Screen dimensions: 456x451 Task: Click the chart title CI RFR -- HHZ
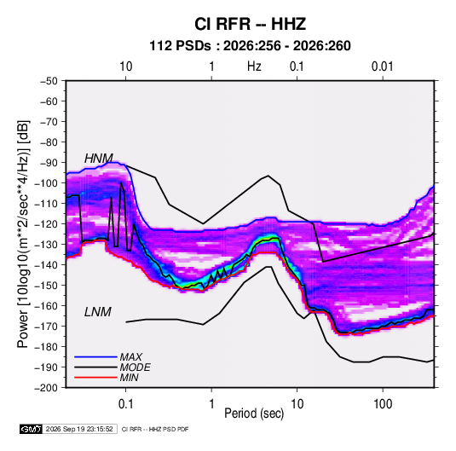pyautogui.click(x=250, y=24)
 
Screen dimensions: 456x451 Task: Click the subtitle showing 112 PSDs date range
pyautogui.click(x=250, y=46)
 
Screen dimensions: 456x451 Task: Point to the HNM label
pyautogui.click(x=99, y=159)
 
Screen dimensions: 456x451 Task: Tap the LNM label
pyautogui.click(x=98, y=312)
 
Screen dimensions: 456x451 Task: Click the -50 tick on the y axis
pyautogui.click(x=49, y=81)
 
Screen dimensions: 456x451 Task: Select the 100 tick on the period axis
pyautogui.click(x=383, y=404)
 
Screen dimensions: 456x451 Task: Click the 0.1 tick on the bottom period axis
pyautogui.click(x=125, y=404)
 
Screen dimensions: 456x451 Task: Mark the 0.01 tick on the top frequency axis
pyautogui.click(x=383, y=66)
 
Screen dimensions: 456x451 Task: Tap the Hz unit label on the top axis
pyautogui.click(x=254, y=66)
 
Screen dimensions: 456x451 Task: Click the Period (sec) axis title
pyautogui.click(x=254, y=413)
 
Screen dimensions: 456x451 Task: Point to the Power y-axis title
pyautogui.click(x=23, y=234)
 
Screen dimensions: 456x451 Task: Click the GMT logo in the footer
pyautogui.click(x=31, y=429)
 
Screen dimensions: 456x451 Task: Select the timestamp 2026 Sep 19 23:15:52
pyautogui.click(x=79, y=429)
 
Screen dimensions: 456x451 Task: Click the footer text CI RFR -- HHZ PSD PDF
pyautogui.click(x=155, y=429)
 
